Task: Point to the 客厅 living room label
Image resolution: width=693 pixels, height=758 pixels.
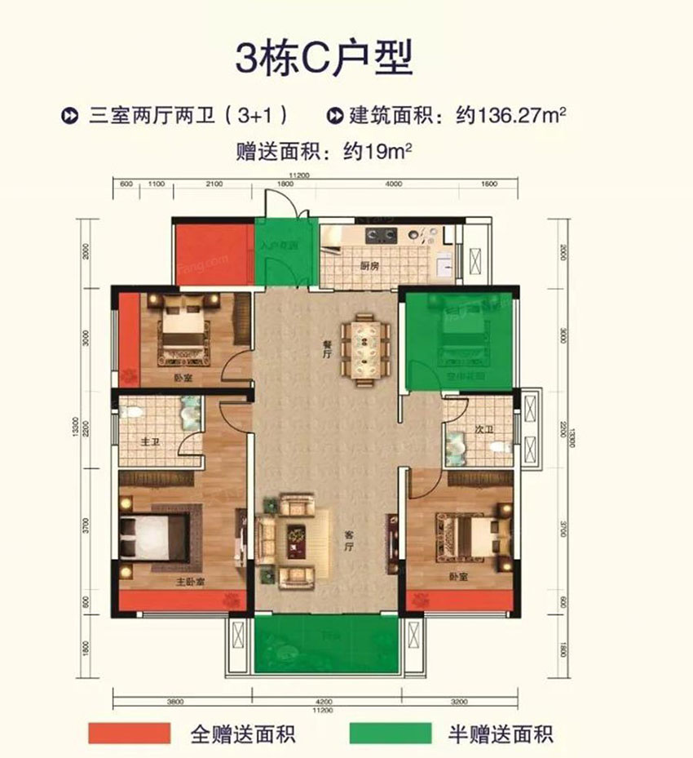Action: pyautogui.click(x=352, y=536)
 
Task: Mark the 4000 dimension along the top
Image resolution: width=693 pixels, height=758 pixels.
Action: pyautogui.click(x=393, y=184)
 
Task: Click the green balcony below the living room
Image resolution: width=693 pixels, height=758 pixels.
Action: pyautogui.click(x=326, y=644)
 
